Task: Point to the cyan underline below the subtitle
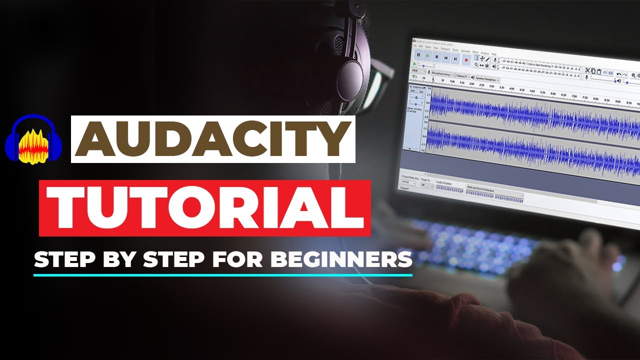pyautogui.click(x=223, y=274)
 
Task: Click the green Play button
pyautogui.click(x=427, y=56)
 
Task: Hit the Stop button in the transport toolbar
pyautogui.click(x=437, y=57)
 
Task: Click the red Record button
pyautogui.click(x=465, y=59)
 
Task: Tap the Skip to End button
pyautogui.click(x=455, y=58)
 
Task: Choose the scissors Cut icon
pyautogui.click(x=587, y=70)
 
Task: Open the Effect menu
pyautogui.click(x=475, y=52)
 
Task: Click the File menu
pyautogui.click(x=415, y=45)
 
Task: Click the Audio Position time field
pyautogui.click(x=450, y=189)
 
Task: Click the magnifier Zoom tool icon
pyautogui.click(x=476, y=64)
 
